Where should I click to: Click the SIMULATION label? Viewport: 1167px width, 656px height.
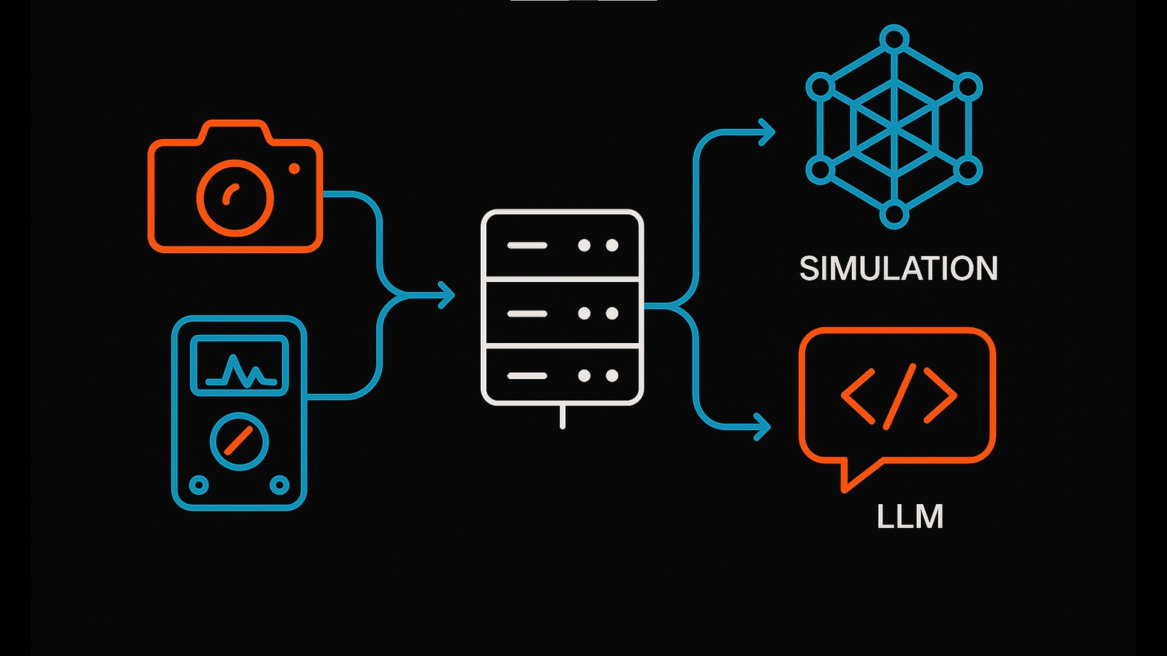[x=898, y=268]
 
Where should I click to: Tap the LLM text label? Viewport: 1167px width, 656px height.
[x=909, y=517]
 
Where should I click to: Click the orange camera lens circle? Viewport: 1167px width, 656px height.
[x=235, y=198]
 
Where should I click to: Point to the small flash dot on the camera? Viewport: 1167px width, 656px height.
[x=294, y=169]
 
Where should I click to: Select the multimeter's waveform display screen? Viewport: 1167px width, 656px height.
[x=239, y=366]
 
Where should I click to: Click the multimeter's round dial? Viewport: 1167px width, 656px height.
[x=239, y=442]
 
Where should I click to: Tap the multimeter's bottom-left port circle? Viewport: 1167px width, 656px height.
[x=199, y=485]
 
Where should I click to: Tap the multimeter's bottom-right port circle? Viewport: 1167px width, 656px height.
[x=280, y=485]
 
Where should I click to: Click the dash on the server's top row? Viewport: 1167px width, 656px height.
[x=527, y=245]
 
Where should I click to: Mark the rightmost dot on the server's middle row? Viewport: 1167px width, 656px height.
[x=612, y=313]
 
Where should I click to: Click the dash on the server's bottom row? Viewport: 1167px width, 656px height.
[x=527, y=376]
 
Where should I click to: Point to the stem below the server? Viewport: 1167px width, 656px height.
[x=562, y=417]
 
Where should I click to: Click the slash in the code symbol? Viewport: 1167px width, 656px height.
[x=899, y=396]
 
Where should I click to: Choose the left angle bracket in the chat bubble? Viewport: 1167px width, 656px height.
[x=858, y=396]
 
